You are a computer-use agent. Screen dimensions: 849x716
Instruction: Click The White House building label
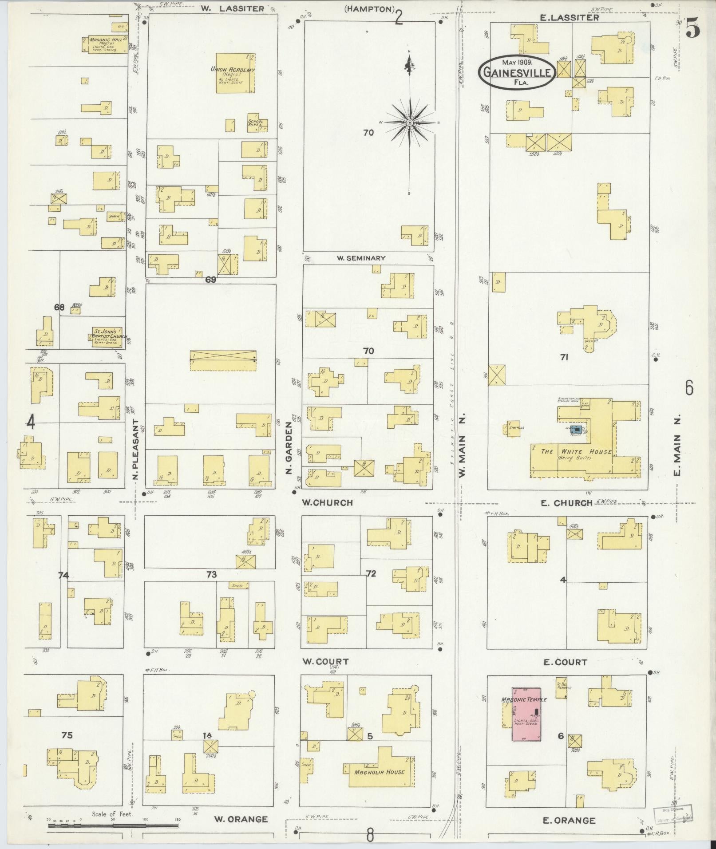click(x=576, y=452)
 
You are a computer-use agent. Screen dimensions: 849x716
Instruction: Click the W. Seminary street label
click(x=360, y=258)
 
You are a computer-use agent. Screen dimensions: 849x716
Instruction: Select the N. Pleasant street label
click(x=136, y=449)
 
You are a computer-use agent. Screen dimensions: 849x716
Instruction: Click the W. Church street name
click(x=327, y=502)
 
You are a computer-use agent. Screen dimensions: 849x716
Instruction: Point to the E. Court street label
click(x=565, y=662)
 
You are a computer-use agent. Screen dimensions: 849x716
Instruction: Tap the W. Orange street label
click(x=241, y=819)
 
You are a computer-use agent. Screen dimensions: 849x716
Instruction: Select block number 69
click(x=210, y=280)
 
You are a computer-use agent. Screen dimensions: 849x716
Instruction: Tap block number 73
click(x=211, y=574)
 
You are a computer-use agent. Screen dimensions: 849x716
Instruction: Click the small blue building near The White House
click(x=576, y=429)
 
